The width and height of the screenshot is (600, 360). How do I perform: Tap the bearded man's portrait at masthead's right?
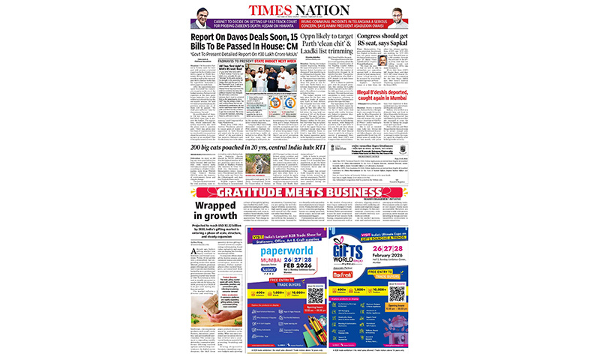pos(399,17)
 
